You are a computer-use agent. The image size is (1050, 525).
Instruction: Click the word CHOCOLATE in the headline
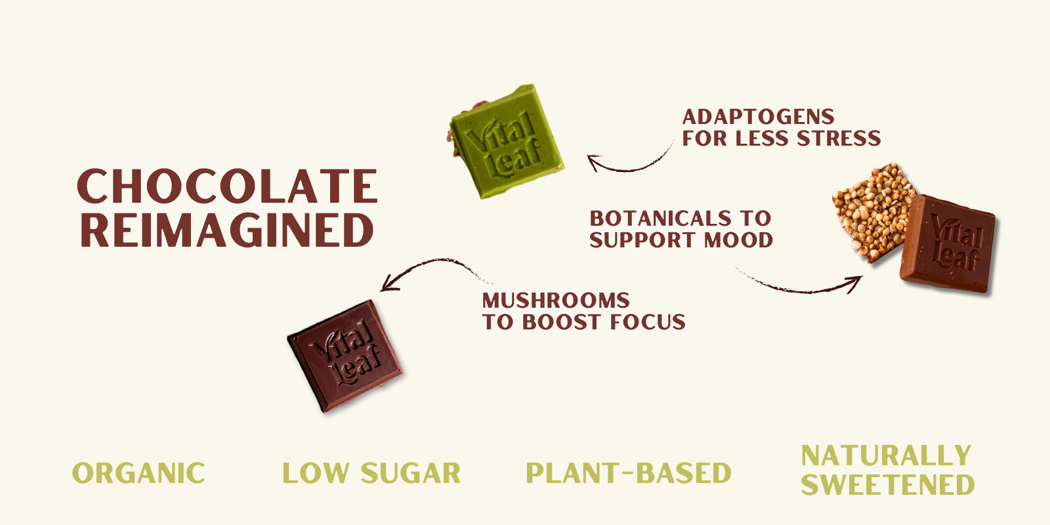pyautogui.click(x=227, y=186)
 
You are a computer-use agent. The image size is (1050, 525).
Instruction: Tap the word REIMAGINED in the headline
pyautogui.click(x=227, y=230)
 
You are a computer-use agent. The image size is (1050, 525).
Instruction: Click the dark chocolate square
pyautogui.click(x=345, y=356)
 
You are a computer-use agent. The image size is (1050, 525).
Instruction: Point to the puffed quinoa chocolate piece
pyautogui.click(x=871, y=210)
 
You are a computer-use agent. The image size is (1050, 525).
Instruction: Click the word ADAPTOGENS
pyautogui.click(x=759, y=117)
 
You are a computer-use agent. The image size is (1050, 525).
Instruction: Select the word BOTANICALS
pyautogui.click(x=660, y=218)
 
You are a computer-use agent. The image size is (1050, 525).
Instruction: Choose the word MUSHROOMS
pyautogui.click(x=556, y=300)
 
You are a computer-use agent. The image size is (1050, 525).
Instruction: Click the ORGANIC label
pyautogui.click(x=138, y=473)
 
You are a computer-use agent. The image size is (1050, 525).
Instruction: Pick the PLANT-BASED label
pyautogui.click(x=629, y=473)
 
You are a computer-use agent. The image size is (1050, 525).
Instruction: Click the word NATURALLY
pyautogui.click(x=886, y=455)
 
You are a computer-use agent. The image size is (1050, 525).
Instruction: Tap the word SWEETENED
pyautogui.click(x=887, y=485)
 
